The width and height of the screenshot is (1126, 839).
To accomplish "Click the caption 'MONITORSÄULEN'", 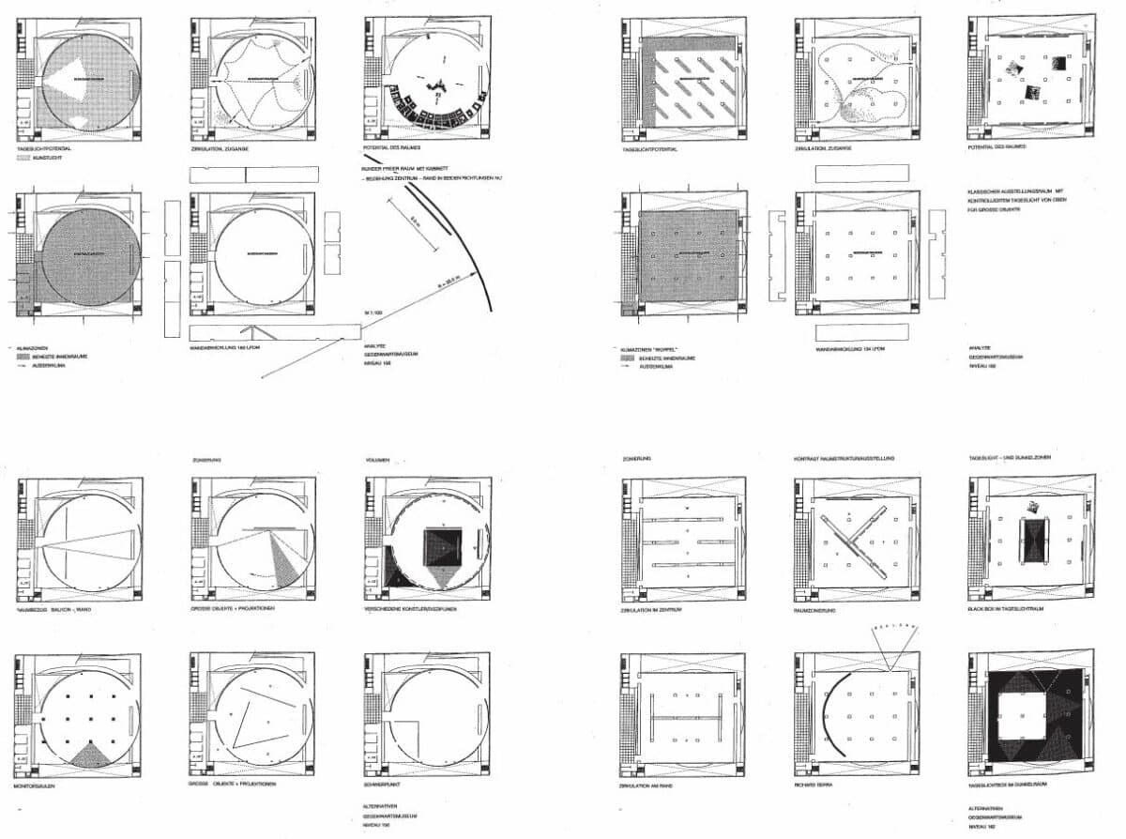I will [x=37, y=783].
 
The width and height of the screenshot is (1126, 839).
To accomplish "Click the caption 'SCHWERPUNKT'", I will [x=385, y=783].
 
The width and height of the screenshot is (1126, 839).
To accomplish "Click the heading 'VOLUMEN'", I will [x=377, y=461].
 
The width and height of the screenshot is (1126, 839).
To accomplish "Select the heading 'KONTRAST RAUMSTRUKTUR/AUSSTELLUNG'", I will [x=844, y=459].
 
